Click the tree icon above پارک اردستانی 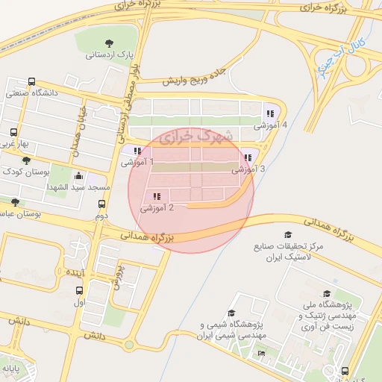click(x=110, y=43)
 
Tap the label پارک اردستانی click(x=109, y=55)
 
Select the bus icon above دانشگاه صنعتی click(x=31, y=82)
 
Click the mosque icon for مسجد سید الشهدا click(x=79, y=176)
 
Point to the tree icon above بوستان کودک click(x=27, y=160)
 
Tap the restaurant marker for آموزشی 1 click(x=137, y=151)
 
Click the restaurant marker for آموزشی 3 click(x=247, y=158)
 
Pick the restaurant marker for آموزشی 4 click(x=269, y=114)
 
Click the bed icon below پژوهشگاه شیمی click(x=261, y=353)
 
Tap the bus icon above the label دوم click(x=101, y=204)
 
